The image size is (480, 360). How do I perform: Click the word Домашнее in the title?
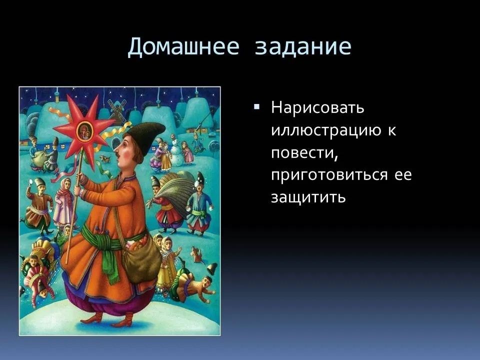[x=183, y=47]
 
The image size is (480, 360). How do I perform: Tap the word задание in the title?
[x=303, y=47]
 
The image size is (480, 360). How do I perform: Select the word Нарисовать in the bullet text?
[x=317, y=107]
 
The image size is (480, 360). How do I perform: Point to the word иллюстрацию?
[x=326, y=130]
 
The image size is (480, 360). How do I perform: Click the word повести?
[x=304, y=153]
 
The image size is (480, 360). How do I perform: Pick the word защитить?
[x=308, y=197]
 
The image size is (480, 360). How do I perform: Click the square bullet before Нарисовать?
[x=256, y=107]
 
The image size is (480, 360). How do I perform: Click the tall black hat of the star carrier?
[x=146, y=135]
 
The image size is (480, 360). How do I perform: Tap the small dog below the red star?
[x=105, y=158]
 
